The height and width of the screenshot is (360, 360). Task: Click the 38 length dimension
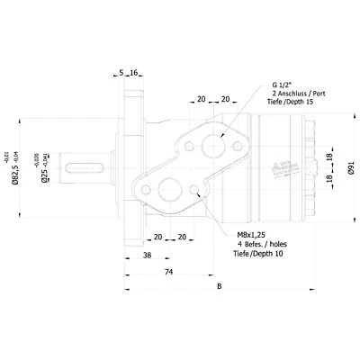(146, 255)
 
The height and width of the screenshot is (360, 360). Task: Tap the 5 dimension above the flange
(121, 72)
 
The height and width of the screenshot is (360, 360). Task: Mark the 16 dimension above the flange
(134, 72)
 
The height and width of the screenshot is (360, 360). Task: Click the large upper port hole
(215, 144)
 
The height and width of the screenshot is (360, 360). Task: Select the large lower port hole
(169, 190)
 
